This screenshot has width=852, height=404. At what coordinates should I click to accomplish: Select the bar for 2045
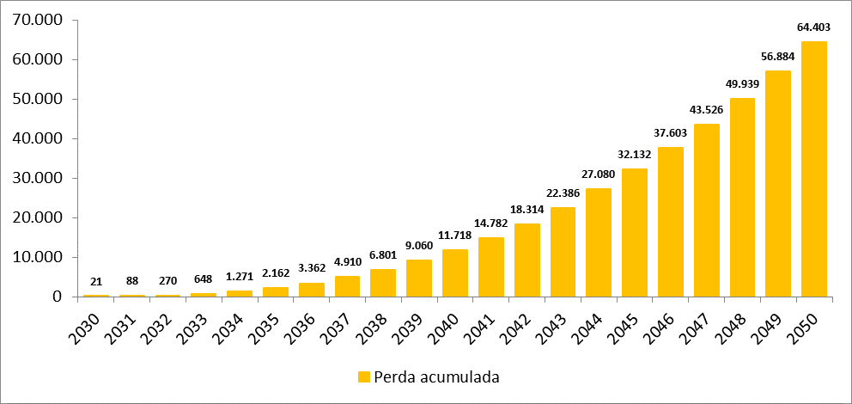635,232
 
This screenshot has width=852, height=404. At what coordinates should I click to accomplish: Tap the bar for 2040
455,272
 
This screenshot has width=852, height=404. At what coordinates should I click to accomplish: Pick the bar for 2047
707,210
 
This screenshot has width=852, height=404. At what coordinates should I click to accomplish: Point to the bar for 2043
563,251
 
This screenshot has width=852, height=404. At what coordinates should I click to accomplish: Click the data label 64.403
814,28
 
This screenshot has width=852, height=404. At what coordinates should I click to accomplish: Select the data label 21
96,282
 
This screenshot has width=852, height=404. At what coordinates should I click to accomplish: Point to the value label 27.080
599,174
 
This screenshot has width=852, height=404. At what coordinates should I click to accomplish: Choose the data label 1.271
240,277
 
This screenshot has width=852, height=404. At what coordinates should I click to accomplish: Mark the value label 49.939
743,83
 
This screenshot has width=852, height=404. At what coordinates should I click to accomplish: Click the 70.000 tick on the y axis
36,20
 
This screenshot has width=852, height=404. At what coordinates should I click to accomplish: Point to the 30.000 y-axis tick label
36,178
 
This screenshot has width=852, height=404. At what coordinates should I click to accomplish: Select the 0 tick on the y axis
57,297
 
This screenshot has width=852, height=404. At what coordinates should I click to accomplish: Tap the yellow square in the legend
363,377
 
